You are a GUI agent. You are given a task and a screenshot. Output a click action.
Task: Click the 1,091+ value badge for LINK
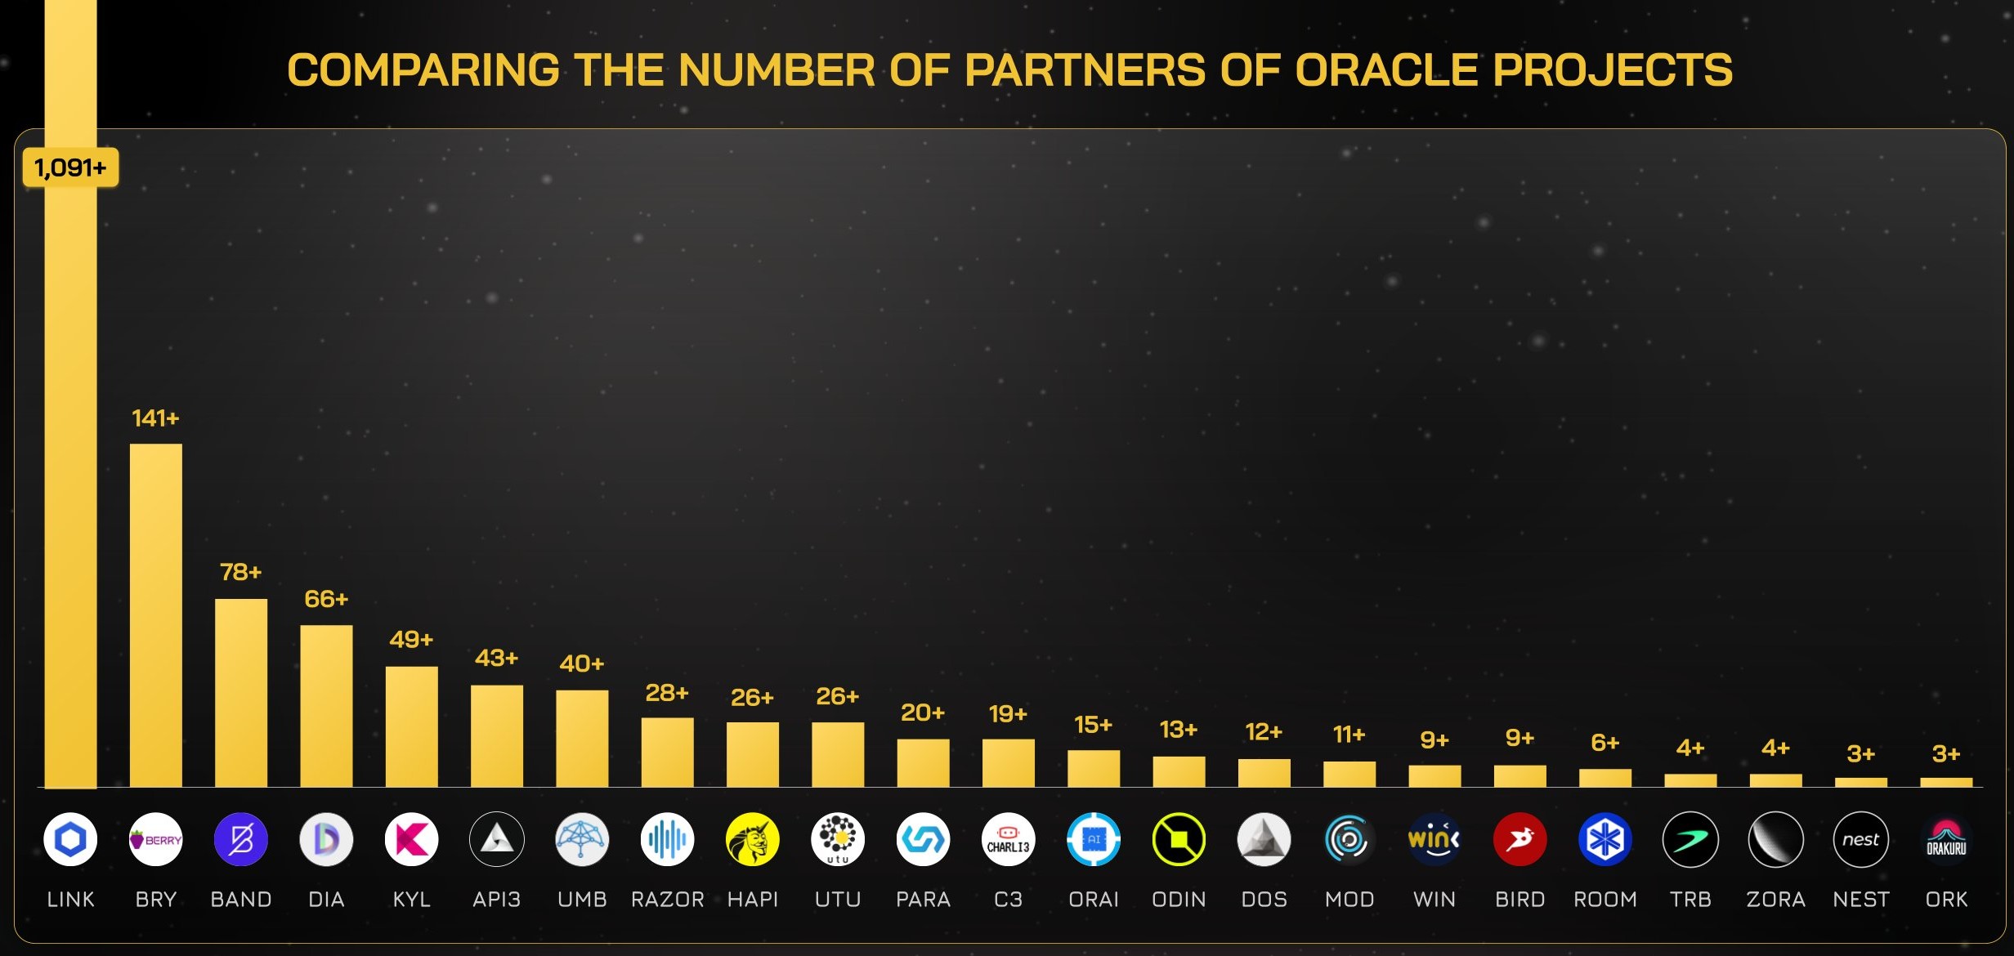(x=70, y=168)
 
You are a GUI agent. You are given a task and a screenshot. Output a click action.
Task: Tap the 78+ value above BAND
(x=240, y=572)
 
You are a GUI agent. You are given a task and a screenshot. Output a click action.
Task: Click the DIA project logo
(x=326, y=839)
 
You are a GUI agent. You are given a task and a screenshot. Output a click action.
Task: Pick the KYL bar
(x=411, y=726)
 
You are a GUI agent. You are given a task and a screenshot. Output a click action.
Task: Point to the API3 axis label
(x=496, y=900)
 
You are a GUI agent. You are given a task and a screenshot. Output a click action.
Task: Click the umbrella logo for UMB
(x=582, y=839)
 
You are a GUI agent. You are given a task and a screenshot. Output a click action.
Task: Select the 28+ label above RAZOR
(x=667, y=693)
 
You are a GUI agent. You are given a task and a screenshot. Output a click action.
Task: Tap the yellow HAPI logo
(x=752, y=839)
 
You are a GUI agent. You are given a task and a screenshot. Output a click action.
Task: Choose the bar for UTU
(x=838, y=754)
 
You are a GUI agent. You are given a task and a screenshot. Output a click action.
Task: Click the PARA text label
(x=923, y=900)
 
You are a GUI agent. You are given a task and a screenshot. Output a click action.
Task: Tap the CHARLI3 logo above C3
(x=1008, y=839)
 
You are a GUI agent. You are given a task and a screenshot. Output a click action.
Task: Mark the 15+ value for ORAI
(x=1093, y=725)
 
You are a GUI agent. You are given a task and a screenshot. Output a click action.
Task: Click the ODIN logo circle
(x=1179, y=839)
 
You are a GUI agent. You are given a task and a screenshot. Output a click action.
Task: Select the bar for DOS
(x=1264, y=773)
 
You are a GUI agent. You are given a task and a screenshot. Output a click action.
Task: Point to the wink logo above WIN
(x=1434, y=839)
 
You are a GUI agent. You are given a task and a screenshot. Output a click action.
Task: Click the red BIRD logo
(x=1519, y=839)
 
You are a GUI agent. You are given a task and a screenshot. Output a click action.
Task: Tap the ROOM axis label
(x=1605, y=900)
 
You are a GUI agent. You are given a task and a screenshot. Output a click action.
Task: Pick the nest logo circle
(x=1860, y=839)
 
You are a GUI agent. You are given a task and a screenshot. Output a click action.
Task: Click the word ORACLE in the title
(x=1386, y=69)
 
